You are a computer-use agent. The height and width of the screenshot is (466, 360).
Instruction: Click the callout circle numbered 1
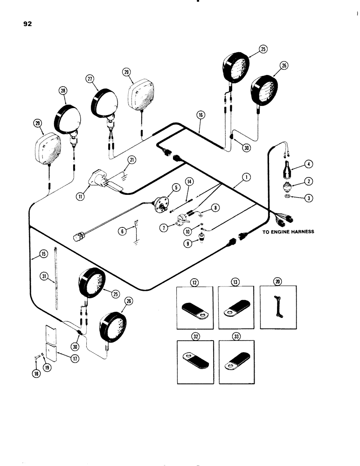coord(246,177)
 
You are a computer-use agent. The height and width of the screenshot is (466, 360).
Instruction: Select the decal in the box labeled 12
coord(194,315)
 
